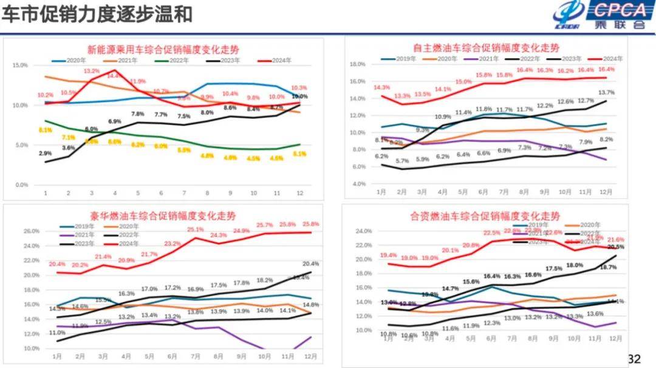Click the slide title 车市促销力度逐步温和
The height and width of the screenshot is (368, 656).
(x=97, y=14)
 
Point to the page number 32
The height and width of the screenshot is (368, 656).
(x=634, y=359)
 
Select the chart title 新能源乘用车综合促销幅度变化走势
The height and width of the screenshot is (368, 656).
(x=163, y=49)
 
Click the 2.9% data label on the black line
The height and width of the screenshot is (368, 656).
(x=46, y=154)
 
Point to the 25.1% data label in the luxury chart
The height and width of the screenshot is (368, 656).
(x=195, y=230)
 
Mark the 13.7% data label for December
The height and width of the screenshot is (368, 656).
(x=606, y=92)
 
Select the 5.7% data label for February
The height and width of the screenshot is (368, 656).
(x=402, y=161)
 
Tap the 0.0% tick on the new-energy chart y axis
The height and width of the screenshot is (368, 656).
(x=21, y=185)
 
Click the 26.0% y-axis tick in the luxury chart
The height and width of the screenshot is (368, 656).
(x=31, y=231)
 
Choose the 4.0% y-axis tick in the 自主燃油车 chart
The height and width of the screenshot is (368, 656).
(x=358, y=183)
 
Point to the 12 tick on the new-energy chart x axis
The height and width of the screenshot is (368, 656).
(x=299, y=193)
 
